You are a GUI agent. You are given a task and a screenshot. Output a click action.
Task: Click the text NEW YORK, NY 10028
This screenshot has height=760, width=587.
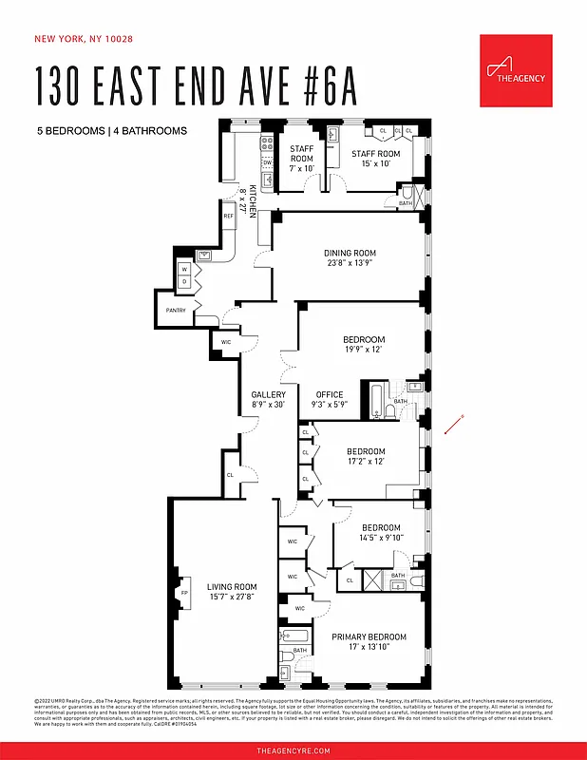(x=84, y=39)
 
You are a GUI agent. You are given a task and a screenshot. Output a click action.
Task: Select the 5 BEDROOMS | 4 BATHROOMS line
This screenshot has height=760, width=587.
(x=112, y=130)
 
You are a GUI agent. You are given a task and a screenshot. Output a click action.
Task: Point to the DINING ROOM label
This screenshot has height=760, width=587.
(x=350, y=253)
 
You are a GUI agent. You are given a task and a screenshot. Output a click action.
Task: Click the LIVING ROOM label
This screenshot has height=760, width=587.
(x=232, y=587)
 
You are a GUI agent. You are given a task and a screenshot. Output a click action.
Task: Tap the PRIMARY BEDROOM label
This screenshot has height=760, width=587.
(x=369, y=636)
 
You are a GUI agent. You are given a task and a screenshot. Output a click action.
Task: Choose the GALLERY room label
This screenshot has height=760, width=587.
(x=268, y=395)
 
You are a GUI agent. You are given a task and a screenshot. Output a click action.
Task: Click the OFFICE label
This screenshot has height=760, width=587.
(x=330, y=395)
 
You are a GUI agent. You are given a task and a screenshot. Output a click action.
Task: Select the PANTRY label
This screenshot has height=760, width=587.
(x=176, y=311)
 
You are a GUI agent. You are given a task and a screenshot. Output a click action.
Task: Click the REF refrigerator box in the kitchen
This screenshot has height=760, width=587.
(x=228, y=217)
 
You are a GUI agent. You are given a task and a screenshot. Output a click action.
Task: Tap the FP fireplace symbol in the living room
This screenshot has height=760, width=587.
(x=185, y=594)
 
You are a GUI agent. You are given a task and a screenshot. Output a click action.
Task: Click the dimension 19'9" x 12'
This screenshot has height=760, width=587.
(x=364, y=350)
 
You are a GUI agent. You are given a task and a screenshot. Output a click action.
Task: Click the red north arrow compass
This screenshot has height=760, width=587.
(x=453, y=426)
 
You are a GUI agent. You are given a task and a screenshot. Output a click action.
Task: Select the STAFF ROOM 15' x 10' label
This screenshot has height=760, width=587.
(x=375, y=159)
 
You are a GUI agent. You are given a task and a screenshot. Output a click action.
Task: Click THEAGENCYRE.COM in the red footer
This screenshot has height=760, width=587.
(x=293, y=750)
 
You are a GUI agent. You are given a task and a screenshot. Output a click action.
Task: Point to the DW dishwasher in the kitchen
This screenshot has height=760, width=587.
(x=267, y=162)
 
